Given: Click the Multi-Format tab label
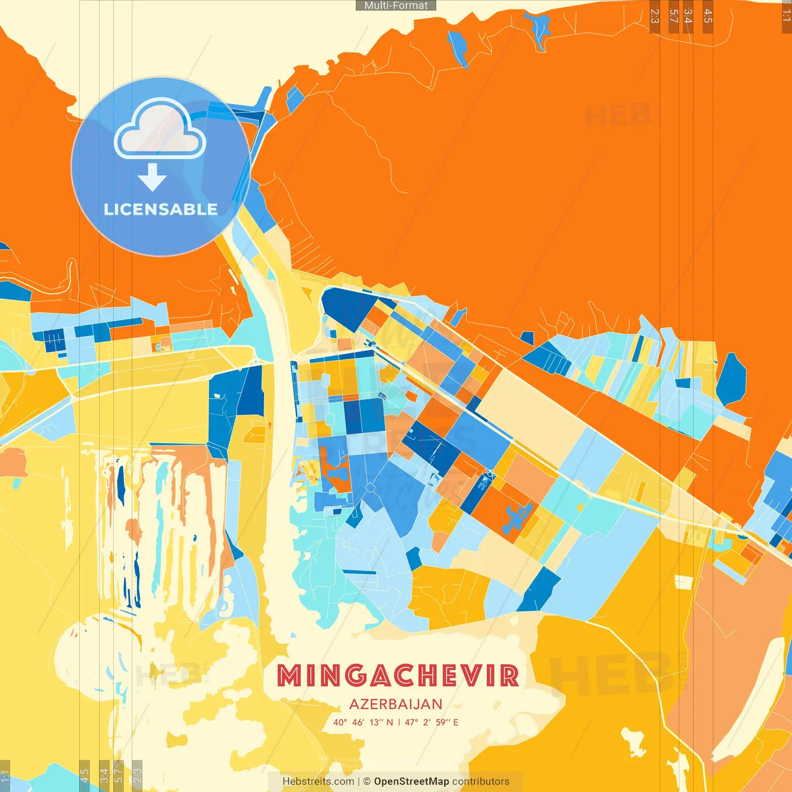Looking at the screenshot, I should [396, 6].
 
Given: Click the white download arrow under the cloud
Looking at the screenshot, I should [152, 178].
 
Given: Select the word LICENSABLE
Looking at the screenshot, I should [161, 209].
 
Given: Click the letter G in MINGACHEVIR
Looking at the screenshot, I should [355, 676].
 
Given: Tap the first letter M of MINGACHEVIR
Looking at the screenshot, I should [288, 676].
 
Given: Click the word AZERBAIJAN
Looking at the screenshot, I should [396, 704].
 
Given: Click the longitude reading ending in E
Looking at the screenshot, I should [432, 722].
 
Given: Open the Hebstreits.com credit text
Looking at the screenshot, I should [318, 781].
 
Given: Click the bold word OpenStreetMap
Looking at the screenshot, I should [411, 781].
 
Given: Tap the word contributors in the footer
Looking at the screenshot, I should [481, 781].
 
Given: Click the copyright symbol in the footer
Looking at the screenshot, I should [367, 781].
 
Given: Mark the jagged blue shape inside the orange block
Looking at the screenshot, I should [518, 519].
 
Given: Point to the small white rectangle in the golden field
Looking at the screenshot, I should [683, 582].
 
